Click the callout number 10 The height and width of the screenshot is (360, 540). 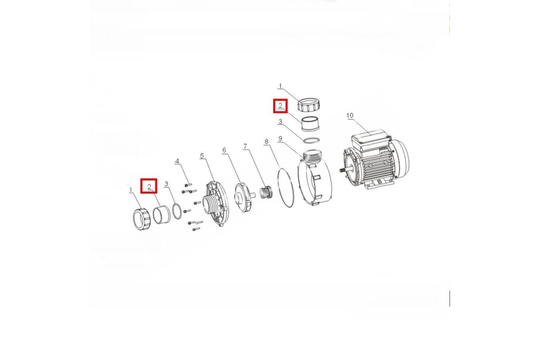point(350,116)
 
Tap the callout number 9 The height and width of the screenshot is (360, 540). point(280,139)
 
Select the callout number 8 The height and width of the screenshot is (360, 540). point(266,142)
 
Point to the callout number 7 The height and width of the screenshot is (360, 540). point(245,146)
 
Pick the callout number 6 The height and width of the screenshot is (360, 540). point(224,150)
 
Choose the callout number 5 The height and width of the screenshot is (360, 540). point(202,156)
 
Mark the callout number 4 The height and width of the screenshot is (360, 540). point(177,161)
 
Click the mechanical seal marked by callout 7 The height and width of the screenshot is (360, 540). point(265,193)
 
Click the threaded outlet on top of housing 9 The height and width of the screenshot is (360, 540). point(313,157)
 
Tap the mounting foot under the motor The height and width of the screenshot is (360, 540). point(376,185)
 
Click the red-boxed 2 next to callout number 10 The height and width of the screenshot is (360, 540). point(280,106)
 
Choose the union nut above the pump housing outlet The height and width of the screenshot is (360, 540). point(309,105)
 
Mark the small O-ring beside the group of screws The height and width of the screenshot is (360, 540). point(177,211)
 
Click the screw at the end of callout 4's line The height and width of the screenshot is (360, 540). point(188,185)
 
